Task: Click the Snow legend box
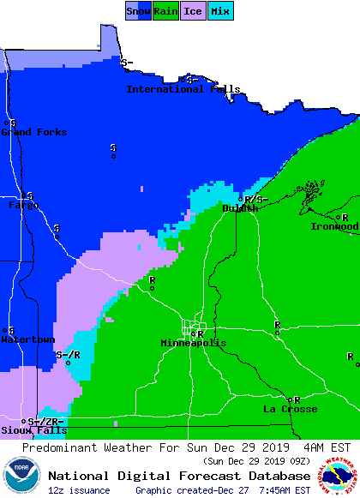[x=138, y=11]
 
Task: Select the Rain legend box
[x=165, y=11]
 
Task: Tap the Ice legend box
[x=192, y=11]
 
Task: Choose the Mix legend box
[x=220, y=11]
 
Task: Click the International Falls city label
[x=183, y=89]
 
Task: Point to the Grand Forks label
[x=33, y=132]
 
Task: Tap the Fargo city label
[x=23, y=206]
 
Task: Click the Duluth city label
[x=240, y=208]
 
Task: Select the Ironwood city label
[x=334, y=227]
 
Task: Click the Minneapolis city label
[x=194, y=343]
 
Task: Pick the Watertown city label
[x=27, y=339]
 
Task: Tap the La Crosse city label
[x=290, y=410]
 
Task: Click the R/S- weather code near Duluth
[x=256, y=200]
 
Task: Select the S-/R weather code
[x=68, y=355]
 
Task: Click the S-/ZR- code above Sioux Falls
[x=45, y=422]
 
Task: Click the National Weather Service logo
[x=339, y=474]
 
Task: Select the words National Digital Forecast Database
[x=179, y=476]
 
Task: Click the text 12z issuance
[x=79, y=490]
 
